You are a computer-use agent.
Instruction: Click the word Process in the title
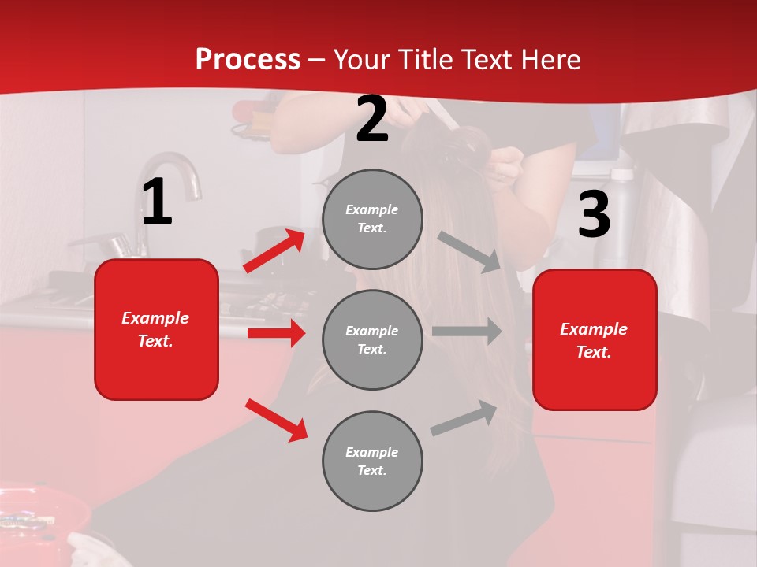(248, 60)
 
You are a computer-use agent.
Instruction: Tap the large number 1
(157, 202)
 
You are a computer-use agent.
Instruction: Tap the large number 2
(372, 119)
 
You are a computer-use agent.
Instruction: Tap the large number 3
(594, 214)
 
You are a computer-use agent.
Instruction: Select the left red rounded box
(156, 329)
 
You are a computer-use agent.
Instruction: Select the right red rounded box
(595, 339)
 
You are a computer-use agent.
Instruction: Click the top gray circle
(372, 219)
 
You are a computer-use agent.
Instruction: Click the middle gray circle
(372, 339)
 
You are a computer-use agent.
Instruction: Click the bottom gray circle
(372, 461)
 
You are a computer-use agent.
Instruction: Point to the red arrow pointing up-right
(274, 250)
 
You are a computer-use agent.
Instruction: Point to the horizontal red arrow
(276, 333)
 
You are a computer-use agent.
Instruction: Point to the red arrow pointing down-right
(276, 420)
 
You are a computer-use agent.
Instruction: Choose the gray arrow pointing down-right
(469, 252)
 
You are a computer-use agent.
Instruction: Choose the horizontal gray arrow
(467, 331)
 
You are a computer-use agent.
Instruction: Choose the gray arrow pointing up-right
(464, 418)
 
